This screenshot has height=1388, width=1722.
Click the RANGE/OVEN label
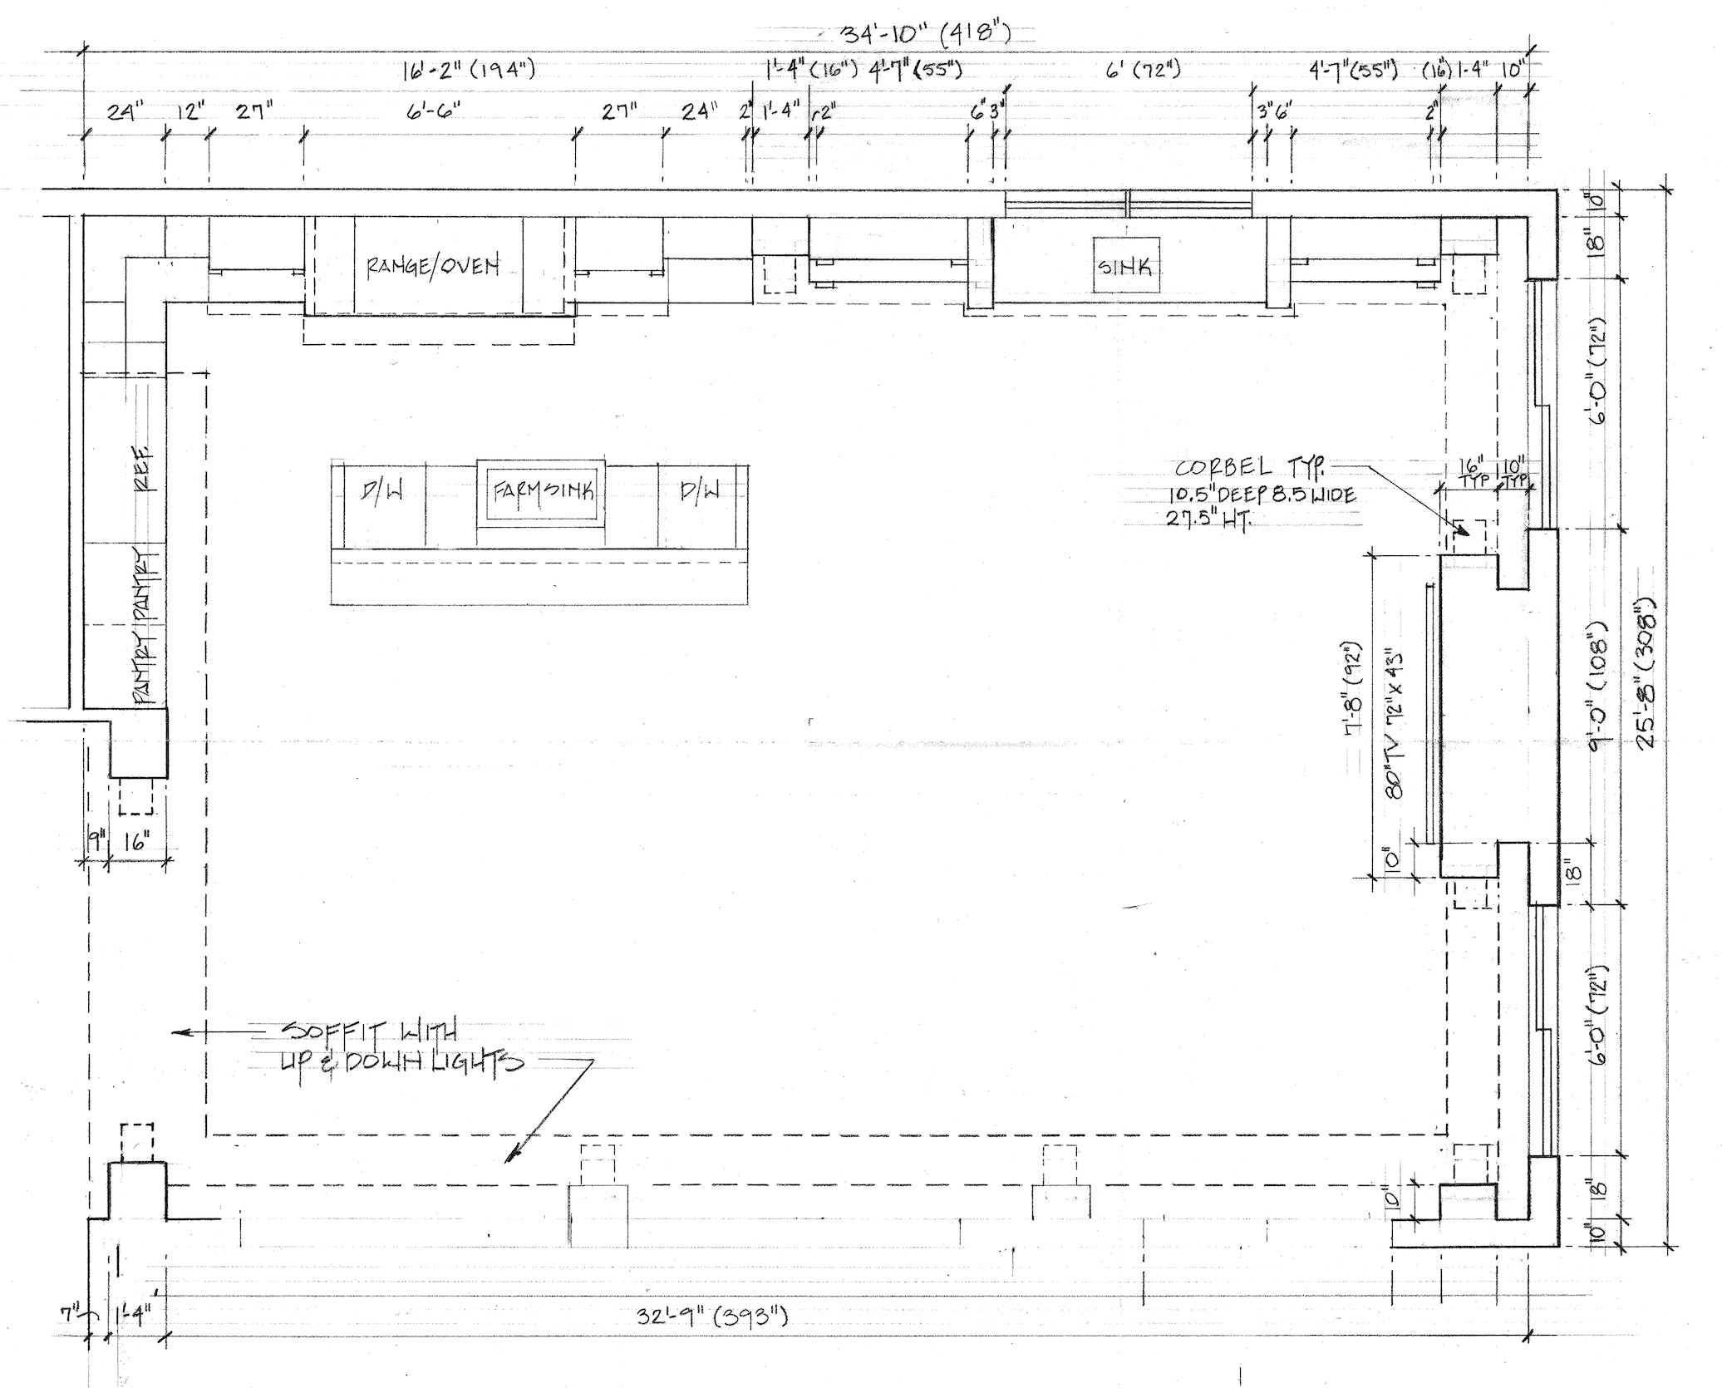click(433, 266)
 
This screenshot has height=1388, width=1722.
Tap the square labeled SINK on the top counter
click(1125, 266)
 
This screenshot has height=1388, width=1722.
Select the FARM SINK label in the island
click(542, 491)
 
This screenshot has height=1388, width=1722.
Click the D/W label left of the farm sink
click(383, 492)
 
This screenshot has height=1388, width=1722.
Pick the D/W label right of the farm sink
click(700, 492)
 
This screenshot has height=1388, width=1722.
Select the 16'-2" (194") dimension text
click(468, 70)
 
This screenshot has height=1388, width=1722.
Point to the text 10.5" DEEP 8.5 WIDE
click(1262, 496)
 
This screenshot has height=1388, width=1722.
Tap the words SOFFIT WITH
click(370, 1033)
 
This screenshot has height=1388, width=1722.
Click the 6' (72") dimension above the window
click(1143, 70)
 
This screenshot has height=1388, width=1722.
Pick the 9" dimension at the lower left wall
click(96, 842)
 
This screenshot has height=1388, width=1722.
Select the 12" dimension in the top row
click(189, 111)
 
